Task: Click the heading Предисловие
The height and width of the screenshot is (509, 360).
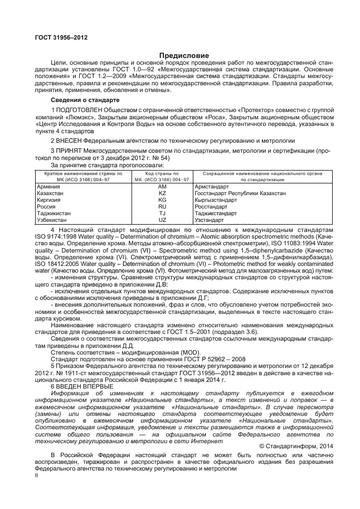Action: (x=184, y=56)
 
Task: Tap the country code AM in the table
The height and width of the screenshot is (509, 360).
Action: (x=162, y=187)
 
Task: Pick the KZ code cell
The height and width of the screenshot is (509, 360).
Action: (x=162, y=193)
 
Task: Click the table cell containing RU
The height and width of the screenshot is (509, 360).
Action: (x=162, y=206)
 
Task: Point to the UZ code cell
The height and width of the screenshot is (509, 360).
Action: (x=162, y=220)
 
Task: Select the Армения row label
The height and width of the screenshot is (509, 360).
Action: (x=47, y=187)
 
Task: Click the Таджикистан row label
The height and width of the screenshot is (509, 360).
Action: (x=53, y=213)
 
